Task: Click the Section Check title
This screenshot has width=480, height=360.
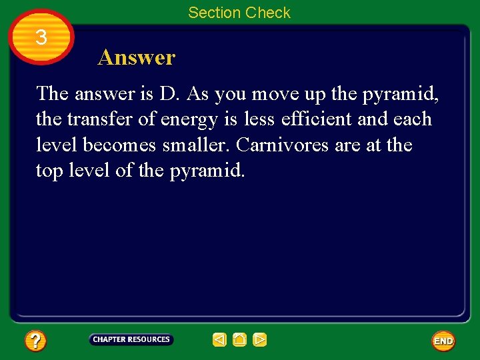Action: coord(239,13)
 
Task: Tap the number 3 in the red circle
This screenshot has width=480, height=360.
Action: coord(41,37)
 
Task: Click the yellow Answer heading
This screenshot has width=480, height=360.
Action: coord(136,57)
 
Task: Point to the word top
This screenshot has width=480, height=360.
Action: coord(49,171)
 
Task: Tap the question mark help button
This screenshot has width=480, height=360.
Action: coord(35,341)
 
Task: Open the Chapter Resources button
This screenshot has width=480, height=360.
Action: coord(131,340)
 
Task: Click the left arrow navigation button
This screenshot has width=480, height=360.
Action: coord(219,340)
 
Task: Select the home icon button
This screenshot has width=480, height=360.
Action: coord(240,340)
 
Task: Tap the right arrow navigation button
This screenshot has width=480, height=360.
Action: coord(260,340)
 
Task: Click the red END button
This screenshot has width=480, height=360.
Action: coord(443,341)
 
